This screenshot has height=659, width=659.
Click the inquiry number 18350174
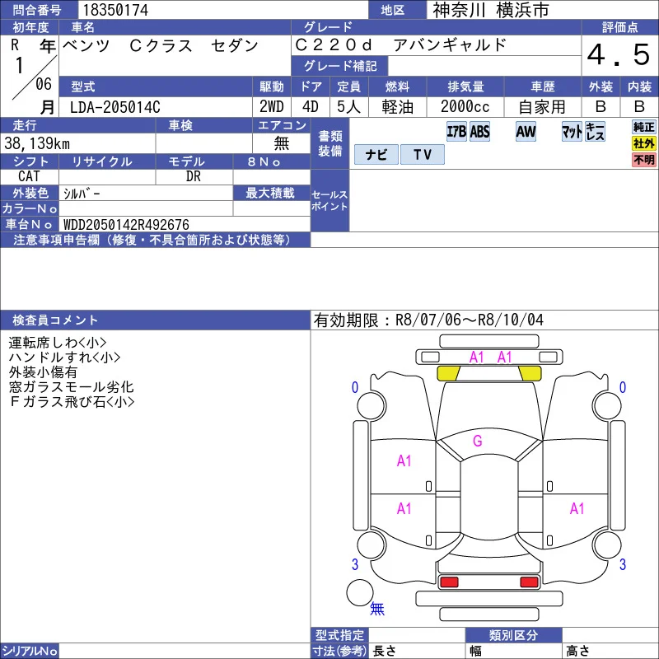[115, 10]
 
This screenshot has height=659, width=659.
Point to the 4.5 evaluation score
[619, 55]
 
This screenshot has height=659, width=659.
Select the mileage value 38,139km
[37, 143]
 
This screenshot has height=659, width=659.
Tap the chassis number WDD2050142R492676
[126, 224]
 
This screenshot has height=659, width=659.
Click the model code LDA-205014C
[115, 107]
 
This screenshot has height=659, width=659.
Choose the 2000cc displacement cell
[465, 107]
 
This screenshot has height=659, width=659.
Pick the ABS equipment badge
[479, 132]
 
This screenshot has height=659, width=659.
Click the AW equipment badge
[526, 132]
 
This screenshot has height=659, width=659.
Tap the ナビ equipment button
[376, 154]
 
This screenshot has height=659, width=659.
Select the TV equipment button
[423, 154]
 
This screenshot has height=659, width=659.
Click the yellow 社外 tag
[644, 143]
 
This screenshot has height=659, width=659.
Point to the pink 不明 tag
[644, 160]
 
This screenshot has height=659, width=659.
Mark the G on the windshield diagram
[478, 441]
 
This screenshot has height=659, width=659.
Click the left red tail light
[448, 582]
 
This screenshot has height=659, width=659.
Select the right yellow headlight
[530, 373]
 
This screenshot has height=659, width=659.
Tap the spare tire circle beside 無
[360, 592]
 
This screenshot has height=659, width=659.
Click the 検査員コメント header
[55, 320]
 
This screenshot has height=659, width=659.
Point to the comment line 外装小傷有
[43, 372]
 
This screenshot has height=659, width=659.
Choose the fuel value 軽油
[397, 107]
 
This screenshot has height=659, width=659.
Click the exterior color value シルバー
[82, 194]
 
